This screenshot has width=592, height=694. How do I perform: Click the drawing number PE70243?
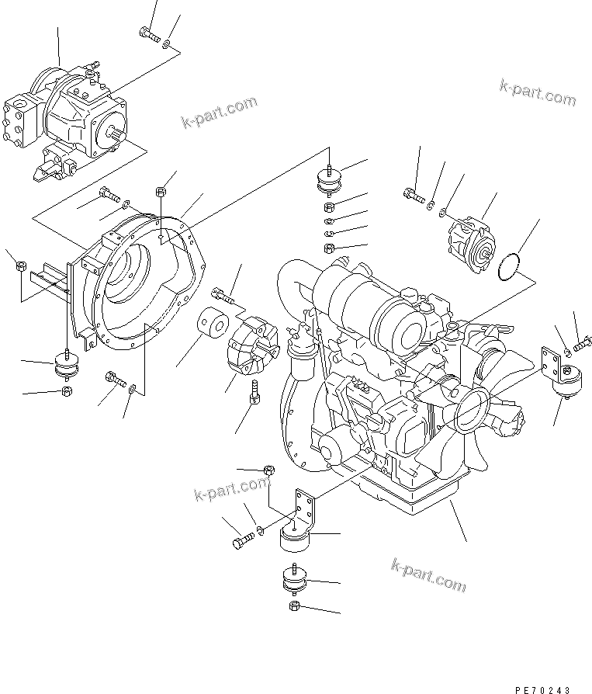point(543,689)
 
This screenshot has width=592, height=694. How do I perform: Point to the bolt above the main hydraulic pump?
point(150,34)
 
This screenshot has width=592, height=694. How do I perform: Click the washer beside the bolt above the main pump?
point(166,43)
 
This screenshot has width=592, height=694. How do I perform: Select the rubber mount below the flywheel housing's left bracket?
point(67,366)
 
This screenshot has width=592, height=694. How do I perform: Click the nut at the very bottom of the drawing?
point(295,606)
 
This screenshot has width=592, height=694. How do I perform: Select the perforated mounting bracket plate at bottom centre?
point(304,509)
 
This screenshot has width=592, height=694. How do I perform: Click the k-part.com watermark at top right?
point(538,93)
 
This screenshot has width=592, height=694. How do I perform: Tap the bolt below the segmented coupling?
point(254,392)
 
